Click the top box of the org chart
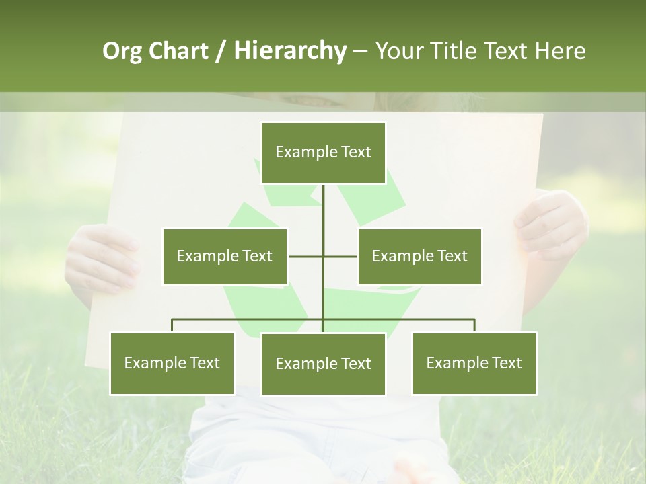pos(323,153)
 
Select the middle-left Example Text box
pos(225,256)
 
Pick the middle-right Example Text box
pos(419,256)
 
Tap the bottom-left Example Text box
pos(172,363)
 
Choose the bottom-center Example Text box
pos(323,364)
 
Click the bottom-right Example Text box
pos(474,363)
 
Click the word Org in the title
pos(122,52)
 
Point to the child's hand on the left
pos(101,259)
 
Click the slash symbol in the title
pos(221,52)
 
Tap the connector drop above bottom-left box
pos(172,325)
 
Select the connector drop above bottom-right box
pos(474,325)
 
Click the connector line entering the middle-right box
pos(340,256)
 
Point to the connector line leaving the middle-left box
pos(305,256)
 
